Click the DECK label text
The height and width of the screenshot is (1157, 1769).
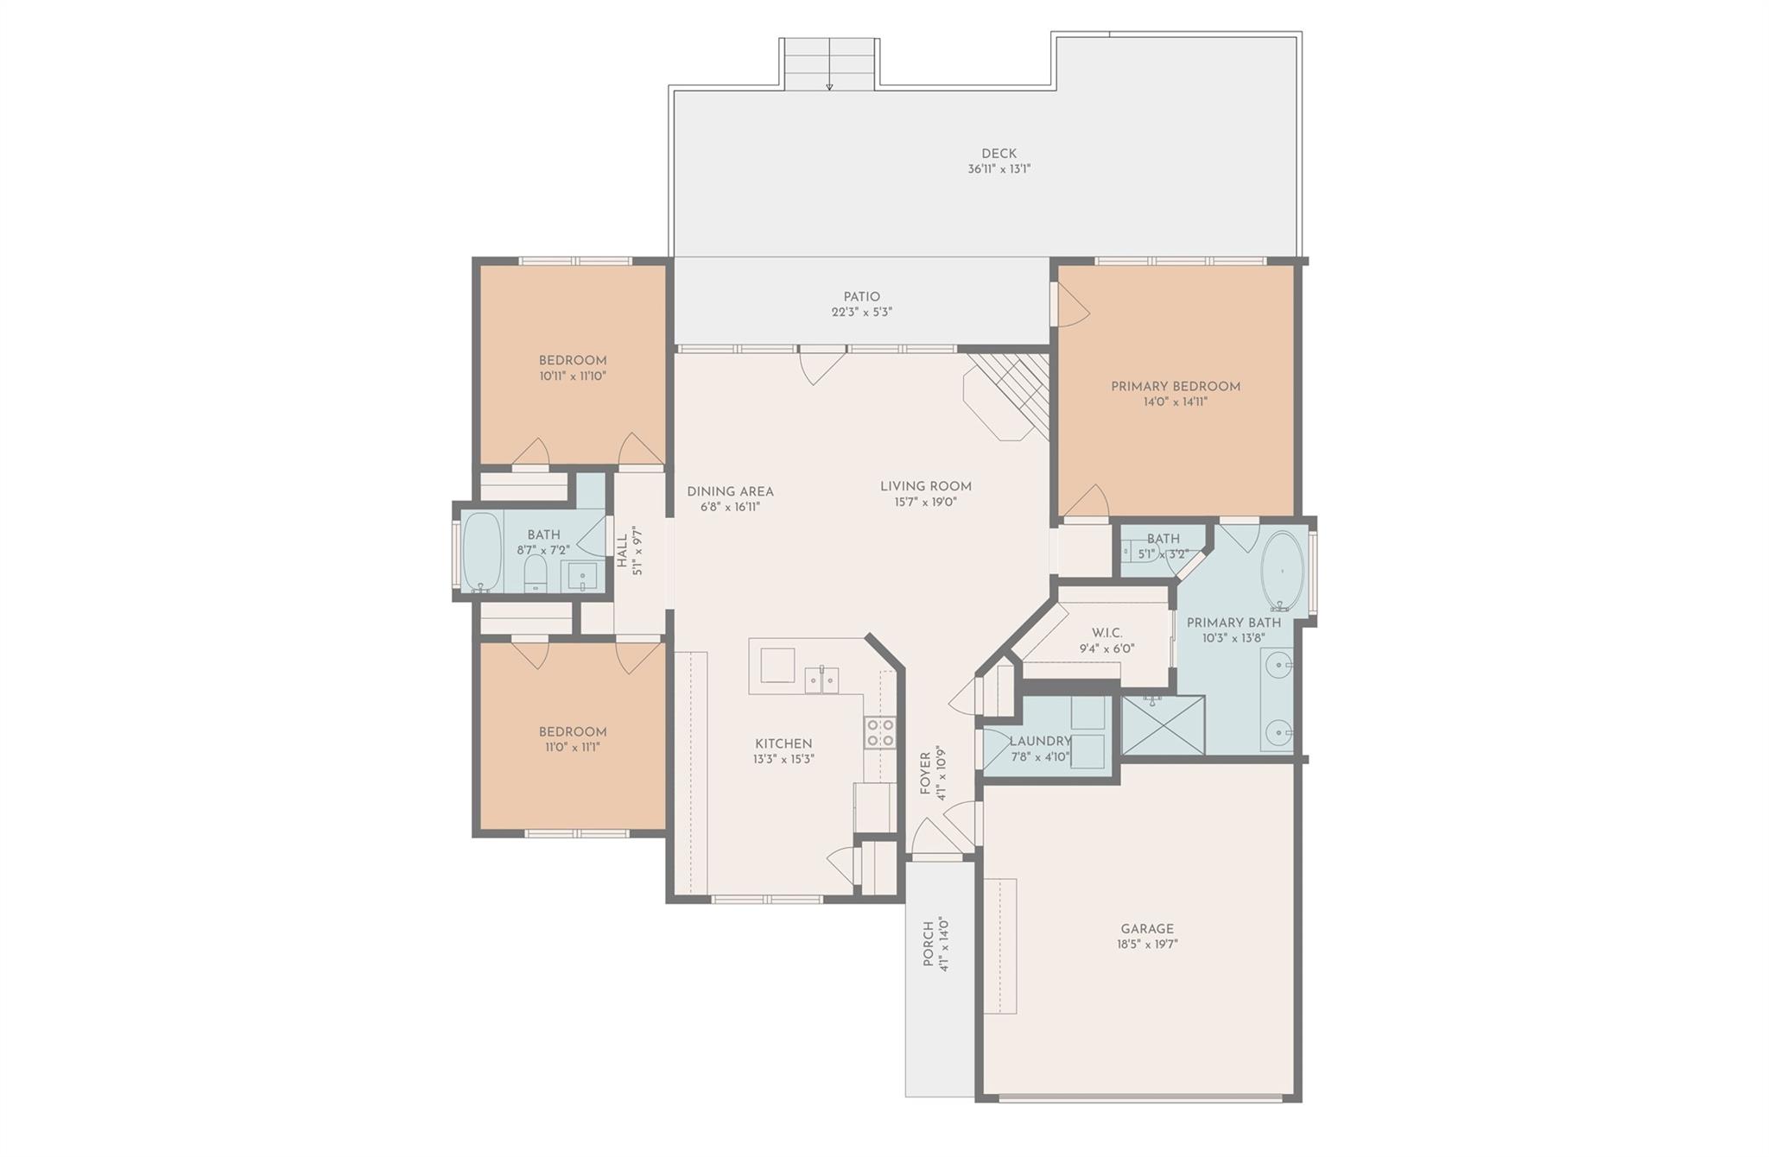pyautogui.click(x=999, y=154)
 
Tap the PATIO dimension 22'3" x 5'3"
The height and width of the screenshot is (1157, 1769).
pyautogui.click(x=861, y=313)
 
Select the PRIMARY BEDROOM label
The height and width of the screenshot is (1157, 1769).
pyautogui.click(x=1175, y=386)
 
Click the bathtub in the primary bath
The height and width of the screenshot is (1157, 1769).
pyautogui.click(x=1283, y=571)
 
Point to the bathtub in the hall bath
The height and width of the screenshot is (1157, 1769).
pyautogui.click(x=481, y=552)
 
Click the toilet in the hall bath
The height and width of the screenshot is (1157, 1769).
pyautogui.click(x=536, y=572)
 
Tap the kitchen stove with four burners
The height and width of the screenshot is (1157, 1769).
pyautogui.click(x=880, y=733)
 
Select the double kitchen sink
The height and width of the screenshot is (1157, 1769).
pyautogui.click(x=821, y=680)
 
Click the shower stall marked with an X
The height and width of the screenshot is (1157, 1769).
pyautogui.click(x=1163, y=725)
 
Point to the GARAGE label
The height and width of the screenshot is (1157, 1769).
pyautogui.click(x=1147, y=929)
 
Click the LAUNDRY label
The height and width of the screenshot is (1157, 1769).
pyautogui.click(x=1040, y=741)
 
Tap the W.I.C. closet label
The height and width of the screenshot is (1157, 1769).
pyautogui.click(x=1106, y=633)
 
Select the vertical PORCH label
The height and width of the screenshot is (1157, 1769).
pyautogui.click(x=929, y=945)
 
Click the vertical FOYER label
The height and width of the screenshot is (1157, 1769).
pyautogui.click(x=925, y=773)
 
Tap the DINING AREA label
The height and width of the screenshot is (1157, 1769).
pyautogui.click(x=730, y=491)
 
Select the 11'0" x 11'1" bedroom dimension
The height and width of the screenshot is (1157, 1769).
pyautogui.click(x=571, y=747)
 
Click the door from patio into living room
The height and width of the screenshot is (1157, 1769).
pyautogui.click(x=821, y=363)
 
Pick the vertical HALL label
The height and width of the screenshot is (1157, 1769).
pyautogui.click(x=622, y=551)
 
